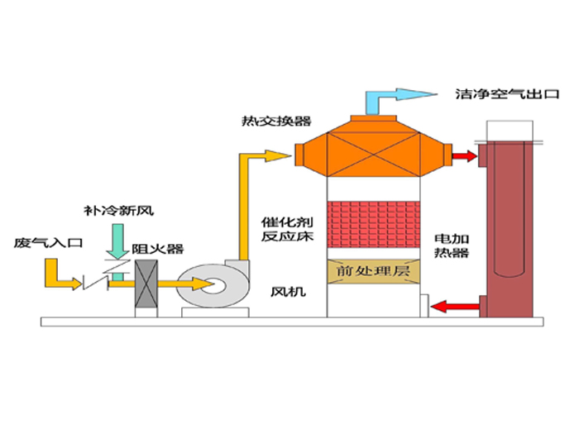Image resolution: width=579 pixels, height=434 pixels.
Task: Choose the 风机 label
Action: coord(285,291)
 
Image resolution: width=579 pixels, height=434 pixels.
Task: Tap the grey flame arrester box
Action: coord(147,288)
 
